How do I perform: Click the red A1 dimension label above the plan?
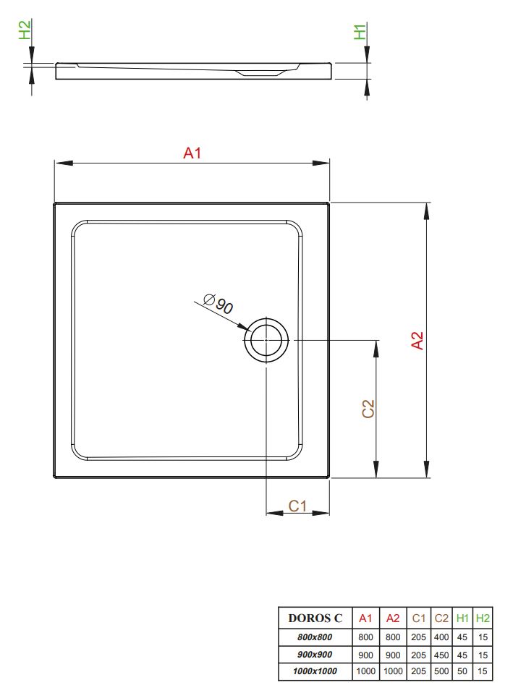click(192, 153)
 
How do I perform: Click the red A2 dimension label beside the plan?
click(417, 340)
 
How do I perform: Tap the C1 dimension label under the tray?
click(297, 506)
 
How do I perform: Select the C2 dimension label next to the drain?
click(368, 409)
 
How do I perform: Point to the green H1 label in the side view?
click(360, 32)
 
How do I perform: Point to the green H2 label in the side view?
click(25, 30)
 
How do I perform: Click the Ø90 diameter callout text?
click(219, 304)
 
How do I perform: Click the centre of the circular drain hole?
click(266, 340)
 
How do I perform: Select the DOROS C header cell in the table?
click(315, 618)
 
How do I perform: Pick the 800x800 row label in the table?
click(315, 637)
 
